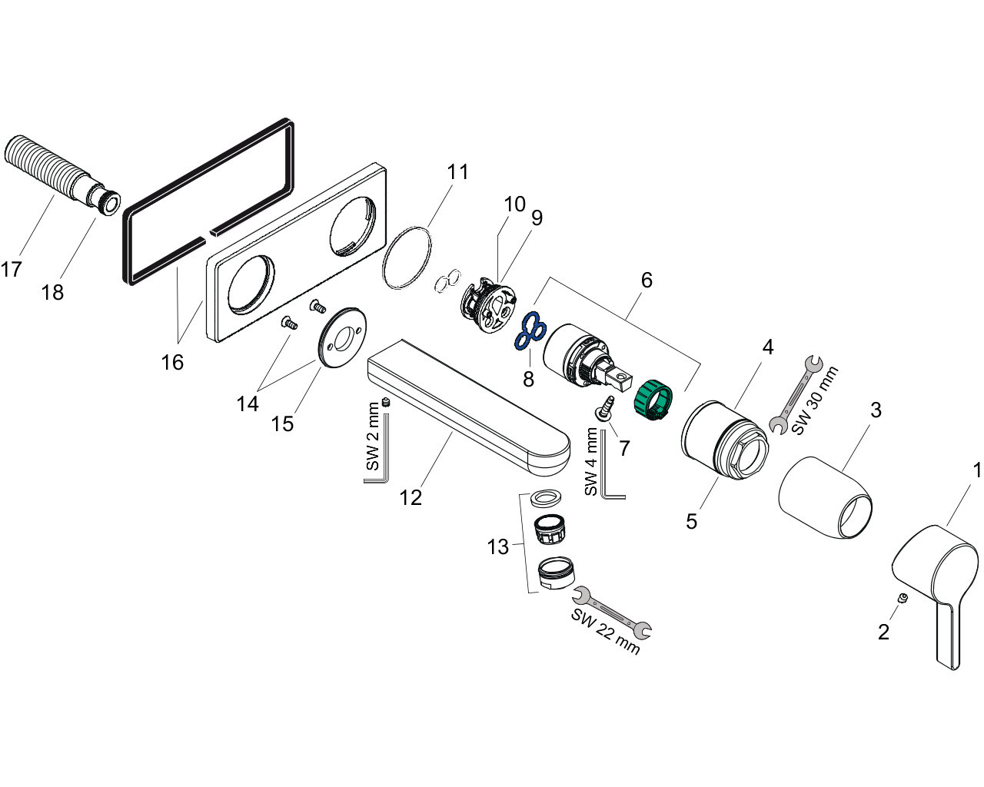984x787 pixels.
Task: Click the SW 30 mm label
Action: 816,401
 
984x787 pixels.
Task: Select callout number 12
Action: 411,498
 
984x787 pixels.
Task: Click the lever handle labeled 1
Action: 934,576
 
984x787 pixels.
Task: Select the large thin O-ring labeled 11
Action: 407,257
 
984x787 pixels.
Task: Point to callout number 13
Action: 497,547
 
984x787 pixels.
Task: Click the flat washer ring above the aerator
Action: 547,497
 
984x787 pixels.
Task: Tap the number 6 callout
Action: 646,280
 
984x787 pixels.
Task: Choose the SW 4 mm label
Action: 591,462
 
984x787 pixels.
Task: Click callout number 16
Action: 173,362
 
